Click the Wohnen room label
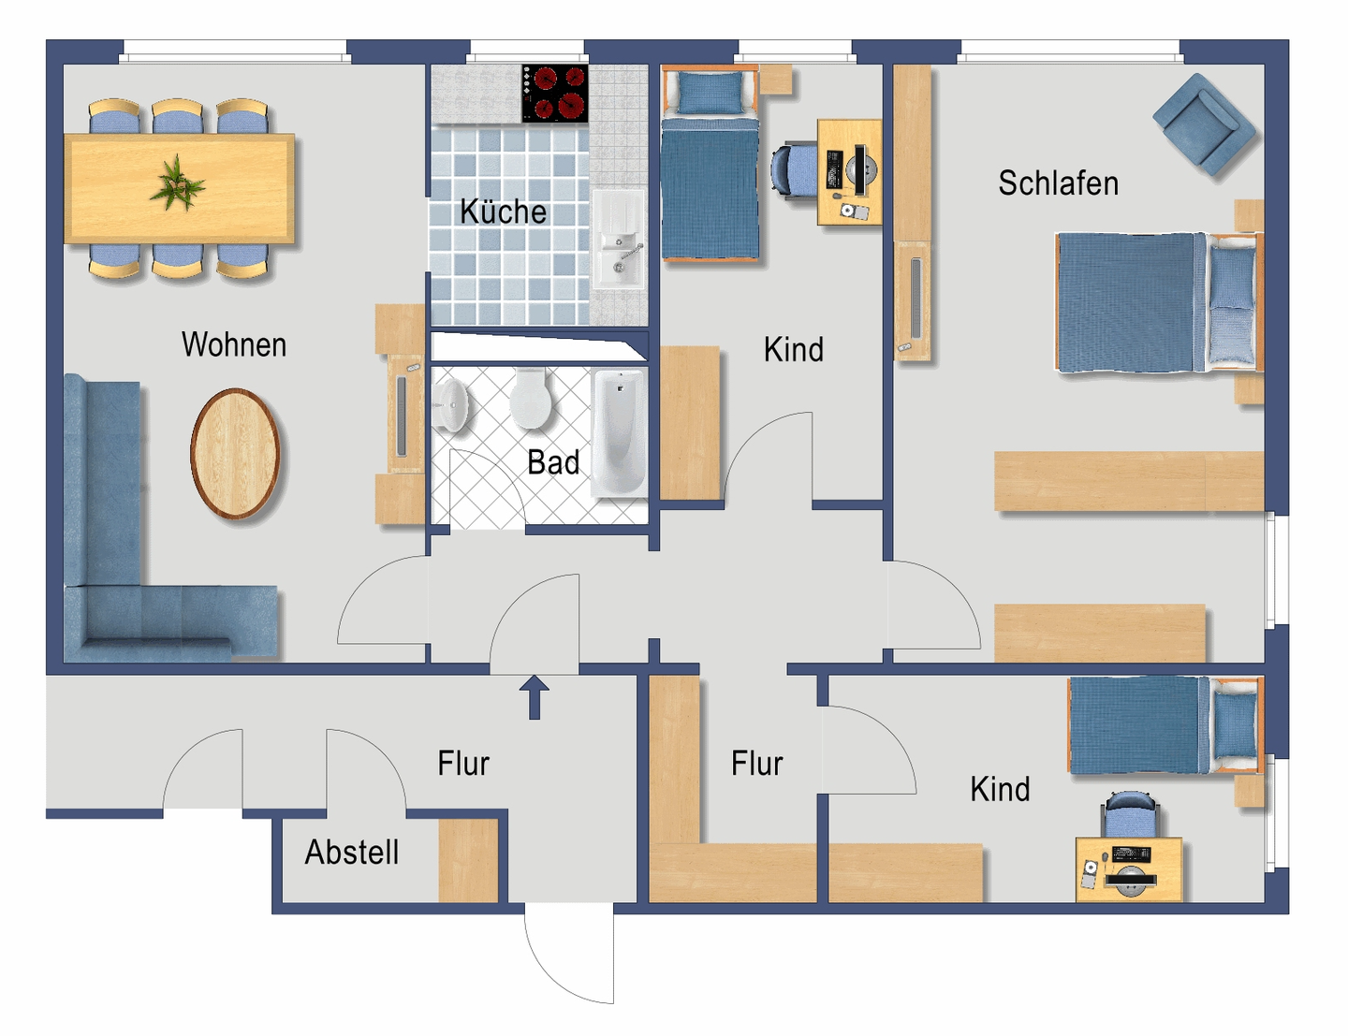(234, 344)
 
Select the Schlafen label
(1059, 182)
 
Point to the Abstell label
(352, 852)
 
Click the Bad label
(553, 462)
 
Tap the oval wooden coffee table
(235, 453)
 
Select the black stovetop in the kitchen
(554, 93)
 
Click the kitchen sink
(619, 240)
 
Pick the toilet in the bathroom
(531, 398)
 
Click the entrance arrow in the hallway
(535, 697)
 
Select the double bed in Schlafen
(1160, 302)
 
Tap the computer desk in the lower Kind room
(1128, 869)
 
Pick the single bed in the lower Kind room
(1166, 724)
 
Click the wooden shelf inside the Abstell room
(468, 861)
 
